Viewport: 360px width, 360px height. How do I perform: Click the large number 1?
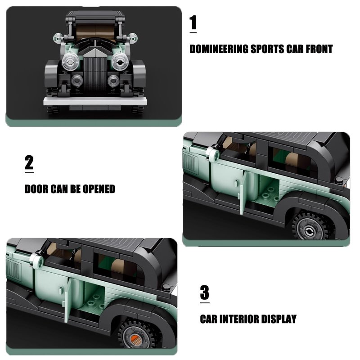coord(193,22)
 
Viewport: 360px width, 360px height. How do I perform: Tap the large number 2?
coord(29,162)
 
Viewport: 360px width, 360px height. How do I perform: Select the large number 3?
coord(205,292)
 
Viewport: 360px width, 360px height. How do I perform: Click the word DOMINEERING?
coord(219,49)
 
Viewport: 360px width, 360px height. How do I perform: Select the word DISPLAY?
coord(279,319)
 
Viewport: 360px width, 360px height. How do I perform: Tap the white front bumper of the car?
coord(95,101)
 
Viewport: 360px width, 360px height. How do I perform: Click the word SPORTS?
coord(267,49)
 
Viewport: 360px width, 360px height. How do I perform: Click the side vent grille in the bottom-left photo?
coord(14,269)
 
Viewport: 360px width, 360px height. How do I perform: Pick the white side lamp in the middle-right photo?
coord(213,154)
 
